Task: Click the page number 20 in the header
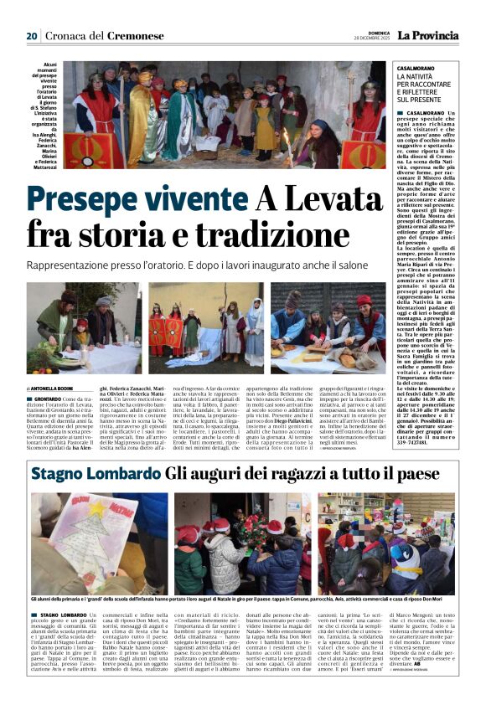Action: click(32, 36)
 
